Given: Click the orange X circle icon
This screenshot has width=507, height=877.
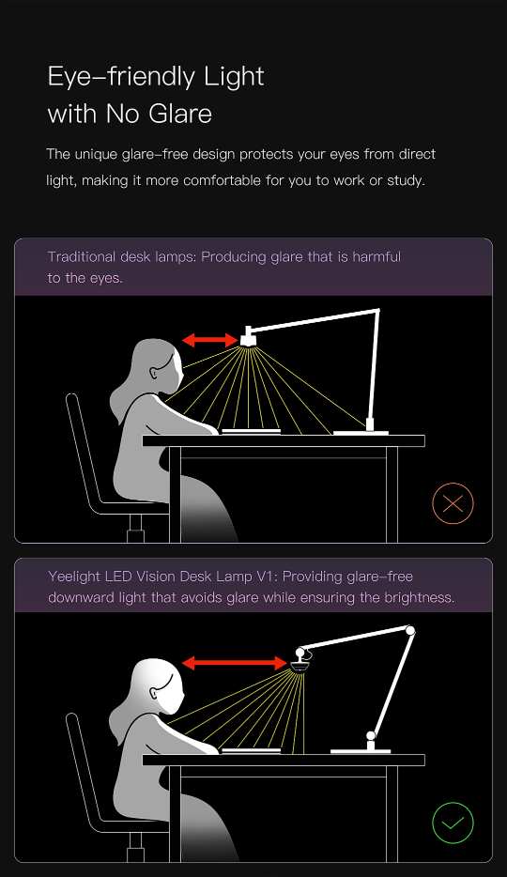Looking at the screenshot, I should (453, 504).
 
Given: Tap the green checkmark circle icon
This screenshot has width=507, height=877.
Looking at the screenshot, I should (453, 823).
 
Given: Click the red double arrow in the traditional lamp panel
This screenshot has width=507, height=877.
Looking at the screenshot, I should (209, 340).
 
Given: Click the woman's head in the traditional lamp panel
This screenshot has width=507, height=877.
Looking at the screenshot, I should (159, 365).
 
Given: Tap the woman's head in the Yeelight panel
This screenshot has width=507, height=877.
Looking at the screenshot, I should (159, 686).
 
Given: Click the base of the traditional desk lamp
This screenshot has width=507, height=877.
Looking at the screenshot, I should (361, 432).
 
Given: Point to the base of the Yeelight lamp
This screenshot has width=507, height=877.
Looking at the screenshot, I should (361, 750).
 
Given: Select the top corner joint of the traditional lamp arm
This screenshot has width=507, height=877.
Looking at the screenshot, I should (377, 311).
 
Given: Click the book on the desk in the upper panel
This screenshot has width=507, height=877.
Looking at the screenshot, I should (251, 432).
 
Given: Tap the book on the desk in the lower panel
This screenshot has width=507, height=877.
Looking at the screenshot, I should (251, 750).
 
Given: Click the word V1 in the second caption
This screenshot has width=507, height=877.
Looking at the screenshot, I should (268, 576).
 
